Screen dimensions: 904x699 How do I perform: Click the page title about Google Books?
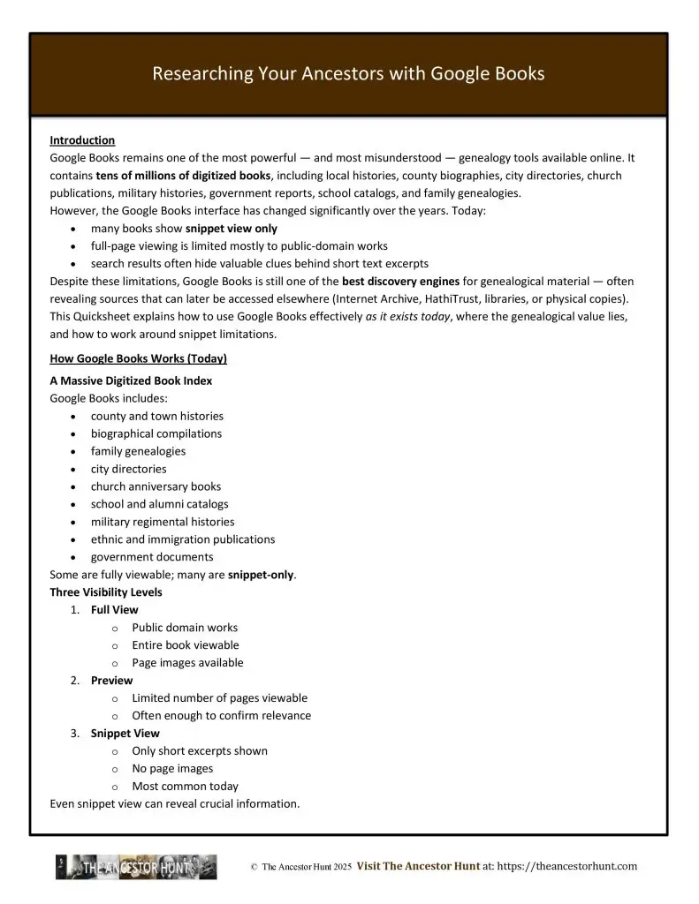pyautogui.click(x=348, y=74)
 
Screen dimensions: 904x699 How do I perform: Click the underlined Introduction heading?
pyautogui.click(x=82, y=140)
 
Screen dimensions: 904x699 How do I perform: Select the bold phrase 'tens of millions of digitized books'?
pyautogui.click(x=183, y=176)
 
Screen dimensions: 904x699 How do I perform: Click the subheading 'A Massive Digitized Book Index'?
pyautogui.click(x=131, y=380)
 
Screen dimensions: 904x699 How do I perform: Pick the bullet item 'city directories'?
pyautogui.click(x=128, y=469)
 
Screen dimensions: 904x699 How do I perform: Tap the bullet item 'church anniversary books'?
pyautogui.click(x=156, y=486)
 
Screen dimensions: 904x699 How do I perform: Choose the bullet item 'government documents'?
pyautogui.click(x=152, y=557)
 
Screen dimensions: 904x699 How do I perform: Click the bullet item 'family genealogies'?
pyautogui.click(x=138, y=451)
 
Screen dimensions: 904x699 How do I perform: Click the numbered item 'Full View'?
pyautogui.click(x=114, y=610)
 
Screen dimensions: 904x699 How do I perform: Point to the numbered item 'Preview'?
pyautogui.click(x=111, y=681)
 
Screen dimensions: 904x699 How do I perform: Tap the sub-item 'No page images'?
pyautogui.click(x=172, y=769)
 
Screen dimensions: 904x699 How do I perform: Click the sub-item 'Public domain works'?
pyautogui.click(x=185, y=628)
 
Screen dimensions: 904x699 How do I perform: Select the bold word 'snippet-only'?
pyautogui.click(x=261, y=575)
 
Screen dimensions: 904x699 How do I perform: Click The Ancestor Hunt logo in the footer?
pyautogui.click(x=136, y=868)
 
